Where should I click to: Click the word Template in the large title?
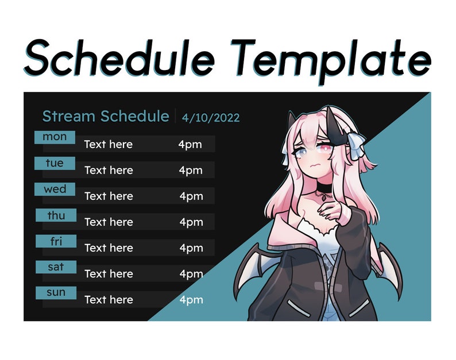[x=333, y=58]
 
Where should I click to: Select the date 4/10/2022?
[x=211, y=118]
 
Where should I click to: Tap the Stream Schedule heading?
[x=106, y=117]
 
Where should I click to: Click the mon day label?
[x=55, y=137]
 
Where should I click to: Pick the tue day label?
[x=55, y=163]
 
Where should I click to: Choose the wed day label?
[x=55, y=189]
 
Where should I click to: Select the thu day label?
[x=56, y=215]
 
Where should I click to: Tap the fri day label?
[x=56, y=241]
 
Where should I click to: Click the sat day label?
[x=56, y=267]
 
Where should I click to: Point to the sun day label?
[x=56, y=293]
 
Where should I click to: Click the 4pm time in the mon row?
[x=190, y=144]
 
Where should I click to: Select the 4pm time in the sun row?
[x=191, y=300]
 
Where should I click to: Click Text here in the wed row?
[x=109, y=196]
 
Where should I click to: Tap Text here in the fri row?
[x=109, y=248]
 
